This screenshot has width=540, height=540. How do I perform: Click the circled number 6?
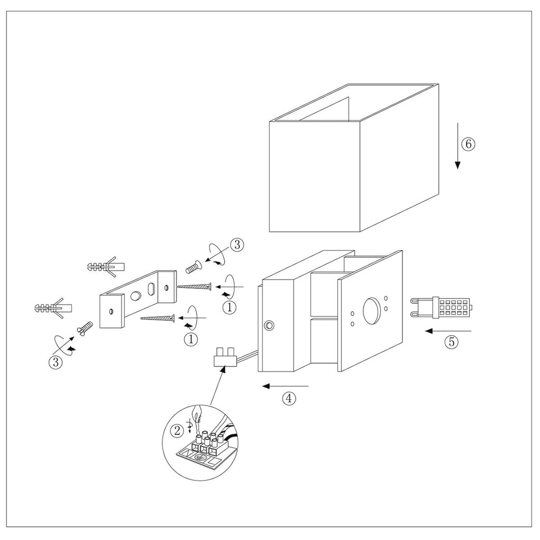pos(468,143)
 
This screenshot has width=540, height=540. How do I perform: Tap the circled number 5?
pos(450,342)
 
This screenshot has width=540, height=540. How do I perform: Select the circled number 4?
pos(288,399)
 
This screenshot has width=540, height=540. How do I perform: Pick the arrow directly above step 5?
pos(448,331)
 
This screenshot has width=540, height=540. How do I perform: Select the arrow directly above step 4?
pos(285,387)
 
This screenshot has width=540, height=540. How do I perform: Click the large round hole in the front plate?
pos(373,312)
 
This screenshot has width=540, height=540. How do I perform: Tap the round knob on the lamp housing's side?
pos(269,324)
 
